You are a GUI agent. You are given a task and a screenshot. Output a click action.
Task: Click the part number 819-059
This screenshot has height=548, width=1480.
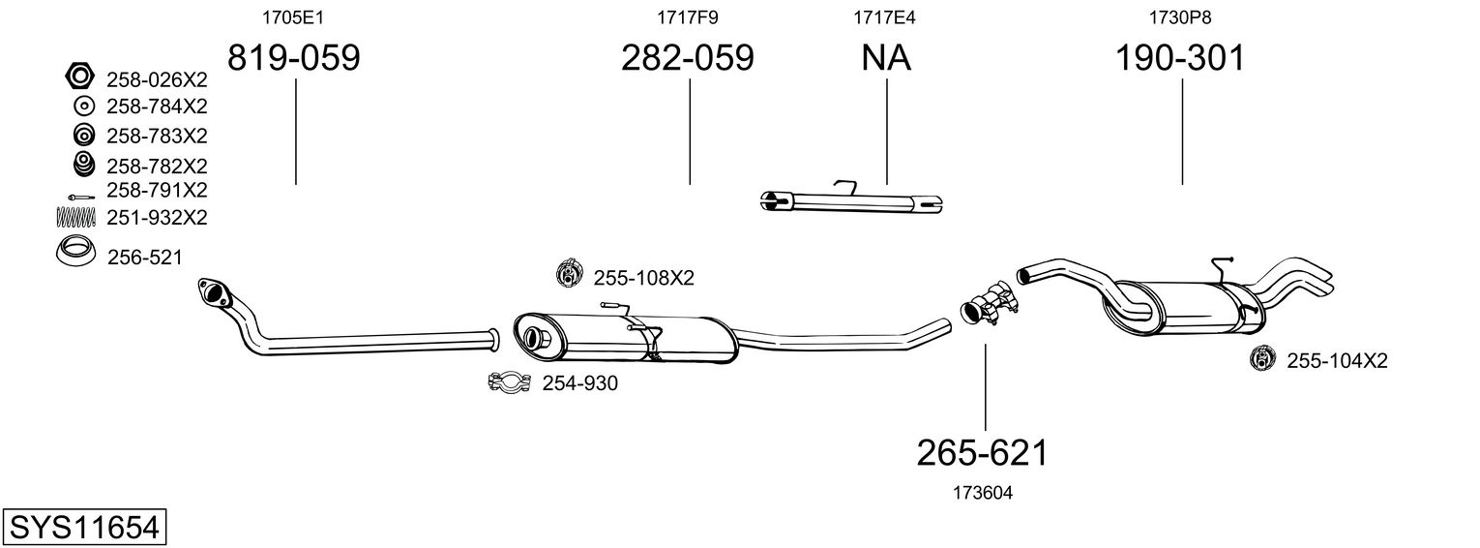[x=293, y=59]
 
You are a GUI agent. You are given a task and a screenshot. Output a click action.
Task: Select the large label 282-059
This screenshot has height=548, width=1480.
[x=687, y=59]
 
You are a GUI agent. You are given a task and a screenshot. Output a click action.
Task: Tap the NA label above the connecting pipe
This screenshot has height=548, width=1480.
[x=886, y=59]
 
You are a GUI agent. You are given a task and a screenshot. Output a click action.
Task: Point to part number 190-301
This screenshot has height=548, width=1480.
[x=1180, y=59]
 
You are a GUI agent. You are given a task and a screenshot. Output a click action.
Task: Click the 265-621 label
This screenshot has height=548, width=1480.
[x=983, y=452]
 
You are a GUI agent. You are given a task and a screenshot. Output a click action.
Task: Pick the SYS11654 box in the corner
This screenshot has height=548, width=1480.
[x=83, y=528]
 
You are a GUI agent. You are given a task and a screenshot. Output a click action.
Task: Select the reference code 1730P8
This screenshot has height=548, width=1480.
[x=1179, y=17]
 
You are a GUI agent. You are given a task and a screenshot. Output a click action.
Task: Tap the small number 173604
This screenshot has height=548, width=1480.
[x=983, y=493]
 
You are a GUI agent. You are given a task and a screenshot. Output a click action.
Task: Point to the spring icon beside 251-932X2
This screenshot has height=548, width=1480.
[x=77, y=217]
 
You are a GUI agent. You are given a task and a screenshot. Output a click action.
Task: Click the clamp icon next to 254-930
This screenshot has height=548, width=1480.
[x=509, y=383]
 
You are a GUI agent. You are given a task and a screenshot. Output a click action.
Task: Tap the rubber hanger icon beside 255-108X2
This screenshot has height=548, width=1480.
[x=568, y=275]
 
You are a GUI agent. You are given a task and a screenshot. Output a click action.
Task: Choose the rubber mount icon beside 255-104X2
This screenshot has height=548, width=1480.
[x=1263, y=359]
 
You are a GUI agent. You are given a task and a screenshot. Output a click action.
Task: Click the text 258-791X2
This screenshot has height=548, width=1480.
[x=156, y=190]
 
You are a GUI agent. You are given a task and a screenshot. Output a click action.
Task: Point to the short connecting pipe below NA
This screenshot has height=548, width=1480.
[x=850, y=201]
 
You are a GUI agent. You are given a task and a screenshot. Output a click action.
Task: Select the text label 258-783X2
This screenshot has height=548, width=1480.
[x=157, y=135]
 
